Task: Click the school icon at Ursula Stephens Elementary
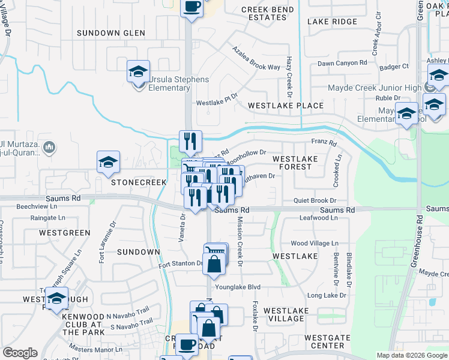pyautogui.click(x=138, y=73)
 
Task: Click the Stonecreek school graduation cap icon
pyautogui.click(x=108, y=162)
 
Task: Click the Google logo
pyautogui.click(x=20, y=353)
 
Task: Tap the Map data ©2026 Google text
pyautogui.click(x=411, y=355)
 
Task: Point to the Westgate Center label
pyautogui.click(x=327, y=341)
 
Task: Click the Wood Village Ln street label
pyautogui.click(x=315, y=244)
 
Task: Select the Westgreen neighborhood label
pyautogui.click(x=64, y=232)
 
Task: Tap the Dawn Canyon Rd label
pyautogui.click(x=342, y=63)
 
